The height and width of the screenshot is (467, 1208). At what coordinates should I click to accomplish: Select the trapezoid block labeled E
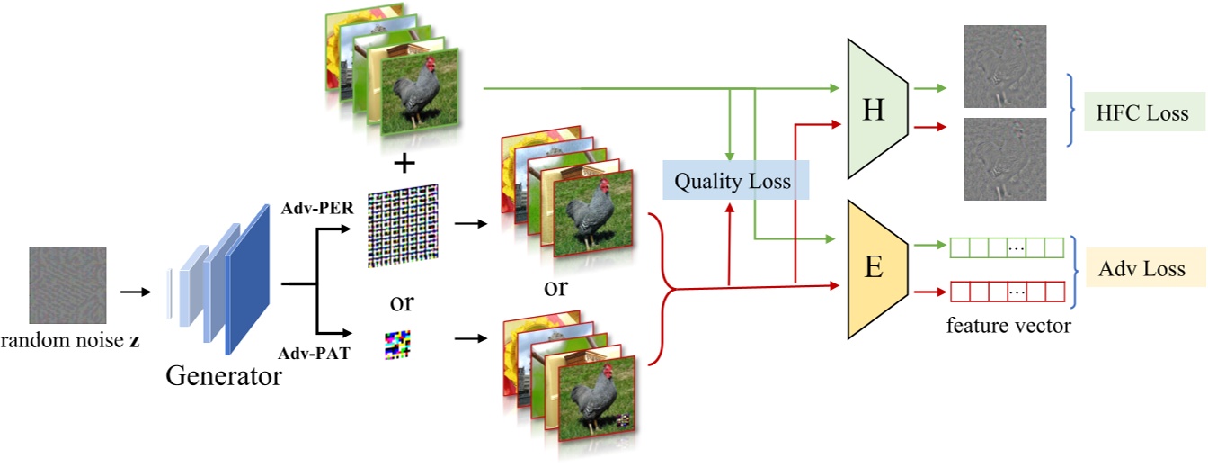[874, 267]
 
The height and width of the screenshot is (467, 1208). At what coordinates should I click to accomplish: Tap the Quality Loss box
[733, 182]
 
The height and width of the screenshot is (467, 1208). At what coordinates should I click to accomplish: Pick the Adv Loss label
[1142, 268]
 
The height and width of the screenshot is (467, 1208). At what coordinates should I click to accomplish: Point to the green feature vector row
[1006, 247]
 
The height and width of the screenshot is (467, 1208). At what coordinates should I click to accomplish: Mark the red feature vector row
[1006, 292]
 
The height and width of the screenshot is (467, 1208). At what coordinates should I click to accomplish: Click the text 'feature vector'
[1008, 326]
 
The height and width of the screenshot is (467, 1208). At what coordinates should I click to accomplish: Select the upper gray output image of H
[1004, 67]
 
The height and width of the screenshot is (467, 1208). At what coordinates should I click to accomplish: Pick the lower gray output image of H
[1004, 158]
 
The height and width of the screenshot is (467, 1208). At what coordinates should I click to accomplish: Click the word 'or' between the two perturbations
[402, 301]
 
